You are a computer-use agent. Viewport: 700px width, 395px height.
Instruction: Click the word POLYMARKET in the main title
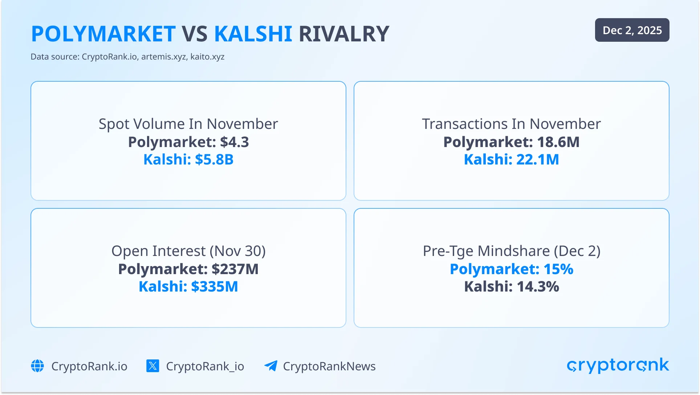(x=103, y=34)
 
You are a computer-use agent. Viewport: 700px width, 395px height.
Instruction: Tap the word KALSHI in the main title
(x=253, y=34)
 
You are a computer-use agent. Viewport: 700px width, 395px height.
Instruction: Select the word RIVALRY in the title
(x=344, y=34)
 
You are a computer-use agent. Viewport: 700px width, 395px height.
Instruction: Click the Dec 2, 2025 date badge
(x=632, y=30)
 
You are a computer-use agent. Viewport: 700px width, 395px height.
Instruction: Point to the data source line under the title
(x=127, y=57)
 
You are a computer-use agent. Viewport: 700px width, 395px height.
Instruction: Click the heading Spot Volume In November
(x=188, y=124)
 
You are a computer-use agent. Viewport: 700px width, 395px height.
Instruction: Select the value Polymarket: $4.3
(x=188, y=142)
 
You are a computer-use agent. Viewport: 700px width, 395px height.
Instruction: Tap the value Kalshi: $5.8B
(x=188, y=159)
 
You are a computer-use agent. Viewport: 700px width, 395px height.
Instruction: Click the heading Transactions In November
(x=511, y=124)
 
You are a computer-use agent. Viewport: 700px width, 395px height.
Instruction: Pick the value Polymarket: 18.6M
(x=511, y=142)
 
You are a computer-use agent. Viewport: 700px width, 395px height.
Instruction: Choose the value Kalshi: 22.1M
(x=511, y=159)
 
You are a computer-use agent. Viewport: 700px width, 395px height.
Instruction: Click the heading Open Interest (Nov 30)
(x=188, y=251)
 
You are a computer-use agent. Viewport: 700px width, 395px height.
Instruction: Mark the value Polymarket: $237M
(x=188, y=269)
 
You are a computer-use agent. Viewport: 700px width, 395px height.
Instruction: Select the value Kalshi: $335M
(x=188, y=286)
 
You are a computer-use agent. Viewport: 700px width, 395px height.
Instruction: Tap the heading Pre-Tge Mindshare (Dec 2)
(x=512, y=251)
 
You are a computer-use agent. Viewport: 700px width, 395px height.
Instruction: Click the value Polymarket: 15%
(x=512, y=269)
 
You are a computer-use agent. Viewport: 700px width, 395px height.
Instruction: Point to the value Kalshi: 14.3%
(x=512, y=286)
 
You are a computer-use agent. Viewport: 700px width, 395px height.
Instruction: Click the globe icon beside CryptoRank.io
(x=37, y=366)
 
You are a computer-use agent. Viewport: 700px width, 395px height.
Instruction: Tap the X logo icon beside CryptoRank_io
(x=153, y=366)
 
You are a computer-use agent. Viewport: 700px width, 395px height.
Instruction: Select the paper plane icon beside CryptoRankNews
(x=271, y=366)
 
